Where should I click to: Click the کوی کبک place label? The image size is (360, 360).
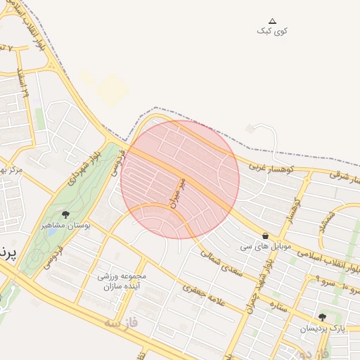pyautogui.click(x=272, y=31)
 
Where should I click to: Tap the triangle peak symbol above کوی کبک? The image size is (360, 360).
pyautogui.click(x=273, y=21)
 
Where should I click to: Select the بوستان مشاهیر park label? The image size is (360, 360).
pyautogui.click(x=63, y=226)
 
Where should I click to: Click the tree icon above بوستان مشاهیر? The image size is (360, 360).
pyautogui.click(x=66, y=214)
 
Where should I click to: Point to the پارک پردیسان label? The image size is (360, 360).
pyautogui.click(x=323, y=328)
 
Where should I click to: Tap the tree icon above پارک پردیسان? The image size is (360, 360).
pyautogui.click(x=322, y=318)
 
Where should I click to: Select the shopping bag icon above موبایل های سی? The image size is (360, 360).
pyautogui.click(x=265, y=236)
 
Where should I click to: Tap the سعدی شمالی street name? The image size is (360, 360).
pyautogui.click(x=221, y=259)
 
